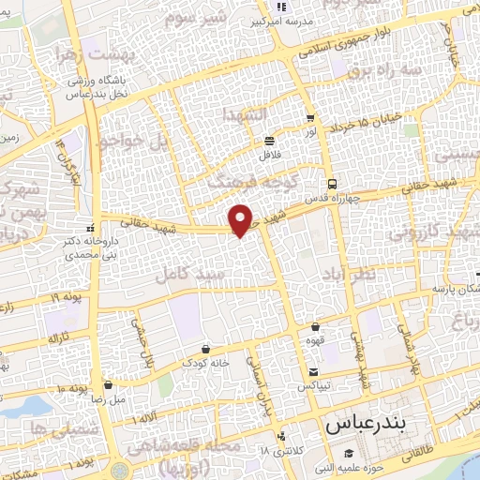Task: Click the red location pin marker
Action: pyautogui.click(x=242, y=218)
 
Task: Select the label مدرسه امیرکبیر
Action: pyautogui.click(x=283, y=22)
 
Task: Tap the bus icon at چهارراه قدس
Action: pyautogui.click(x=331, y=184)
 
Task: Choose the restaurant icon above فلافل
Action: pyautogui.click(x=269, y=139)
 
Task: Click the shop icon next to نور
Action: pyautogui.click(x=309, y=118)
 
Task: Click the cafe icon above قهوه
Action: pyautogui.click(x=315, y=327)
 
